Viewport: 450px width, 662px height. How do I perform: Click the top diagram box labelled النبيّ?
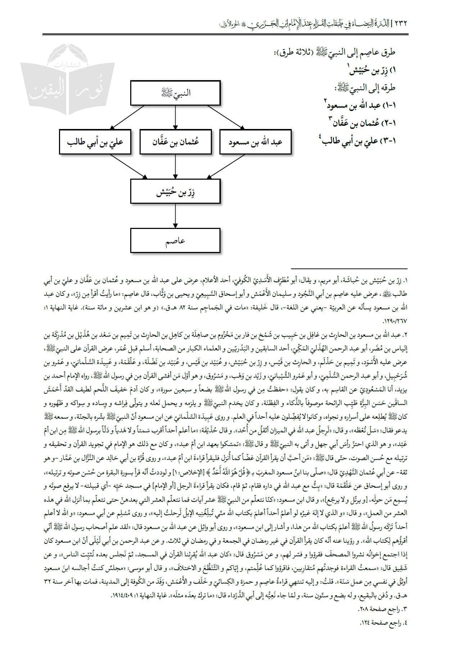175,93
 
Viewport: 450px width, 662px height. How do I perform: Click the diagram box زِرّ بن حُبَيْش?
175,191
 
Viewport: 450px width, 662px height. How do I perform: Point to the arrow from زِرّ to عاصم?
175,216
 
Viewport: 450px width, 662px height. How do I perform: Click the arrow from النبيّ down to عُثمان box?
175,117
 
